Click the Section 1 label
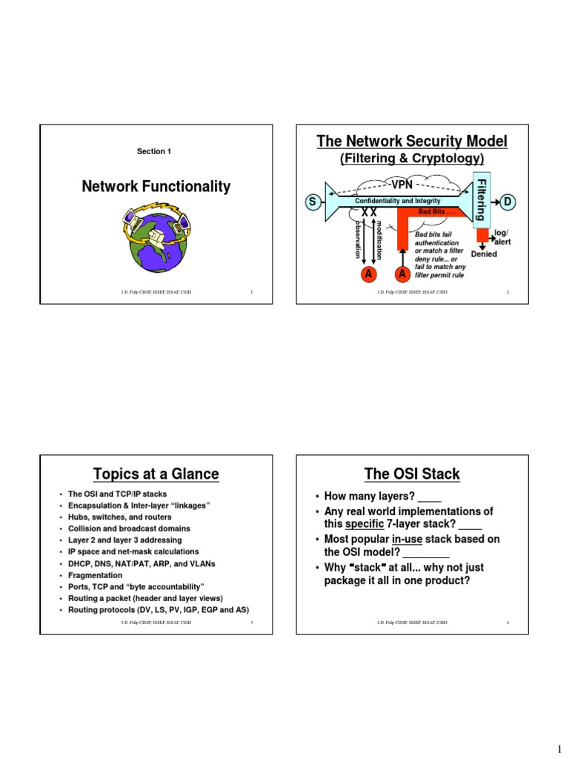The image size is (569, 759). click(153, 151)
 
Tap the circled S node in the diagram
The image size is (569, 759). click(312, 202)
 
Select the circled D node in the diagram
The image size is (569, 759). click(508, 202)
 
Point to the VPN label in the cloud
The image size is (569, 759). click(402, 184)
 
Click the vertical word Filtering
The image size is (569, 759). click(480, 199)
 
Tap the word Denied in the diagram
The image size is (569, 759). click(483, 254)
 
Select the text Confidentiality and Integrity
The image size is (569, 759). click(398, 201)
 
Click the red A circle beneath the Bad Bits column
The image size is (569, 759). click(403, 274)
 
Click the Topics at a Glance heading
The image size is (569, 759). click(156, 474)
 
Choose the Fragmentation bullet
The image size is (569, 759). click(95, 575)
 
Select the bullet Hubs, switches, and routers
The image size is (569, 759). click(119, 517)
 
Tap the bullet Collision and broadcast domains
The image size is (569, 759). click(129, 528)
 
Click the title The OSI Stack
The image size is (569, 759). click(412, 474)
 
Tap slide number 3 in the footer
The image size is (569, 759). click(252, 623)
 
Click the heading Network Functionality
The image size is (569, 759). click(156, 187)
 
